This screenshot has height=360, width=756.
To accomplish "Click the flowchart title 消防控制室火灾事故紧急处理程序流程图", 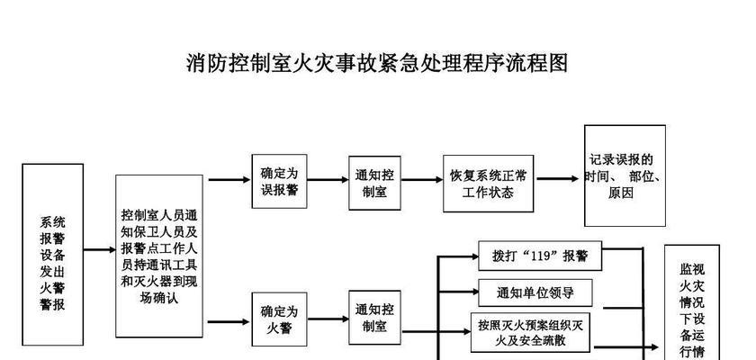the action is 377,63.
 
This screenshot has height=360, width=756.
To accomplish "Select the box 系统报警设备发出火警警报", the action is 52,255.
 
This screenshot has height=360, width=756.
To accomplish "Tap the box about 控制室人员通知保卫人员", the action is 159,256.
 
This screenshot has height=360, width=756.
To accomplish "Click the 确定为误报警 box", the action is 280,181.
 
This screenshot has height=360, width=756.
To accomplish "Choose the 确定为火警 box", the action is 279,319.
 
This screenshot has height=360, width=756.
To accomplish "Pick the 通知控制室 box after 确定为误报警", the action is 374,183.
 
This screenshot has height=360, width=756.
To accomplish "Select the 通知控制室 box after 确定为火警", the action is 374,317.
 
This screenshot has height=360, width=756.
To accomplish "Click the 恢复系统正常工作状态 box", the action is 489,183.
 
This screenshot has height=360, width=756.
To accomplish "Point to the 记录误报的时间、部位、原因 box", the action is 625,175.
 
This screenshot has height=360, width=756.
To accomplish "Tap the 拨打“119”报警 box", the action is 540,256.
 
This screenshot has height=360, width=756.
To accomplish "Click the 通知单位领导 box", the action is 535,292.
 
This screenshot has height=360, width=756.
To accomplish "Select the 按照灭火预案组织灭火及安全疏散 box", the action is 530,332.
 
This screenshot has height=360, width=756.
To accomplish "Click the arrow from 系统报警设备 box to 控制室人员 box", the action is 99,249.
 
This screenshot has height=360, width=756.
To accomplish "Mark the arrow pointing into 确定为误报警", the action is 229,180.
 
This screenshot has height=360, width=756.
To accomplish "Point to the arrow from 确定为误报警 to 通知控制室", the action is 328,180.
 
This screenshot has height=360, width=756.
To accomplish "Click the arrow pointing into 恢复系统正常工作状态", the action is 422,180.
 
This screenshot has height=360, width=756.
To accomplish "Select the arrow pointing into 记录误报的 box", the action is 557,179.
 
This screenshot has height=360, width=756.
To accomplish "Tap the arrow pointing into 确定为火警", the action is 229,321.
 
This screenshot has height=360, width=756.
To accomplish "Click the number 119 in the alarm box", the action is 539,255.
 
